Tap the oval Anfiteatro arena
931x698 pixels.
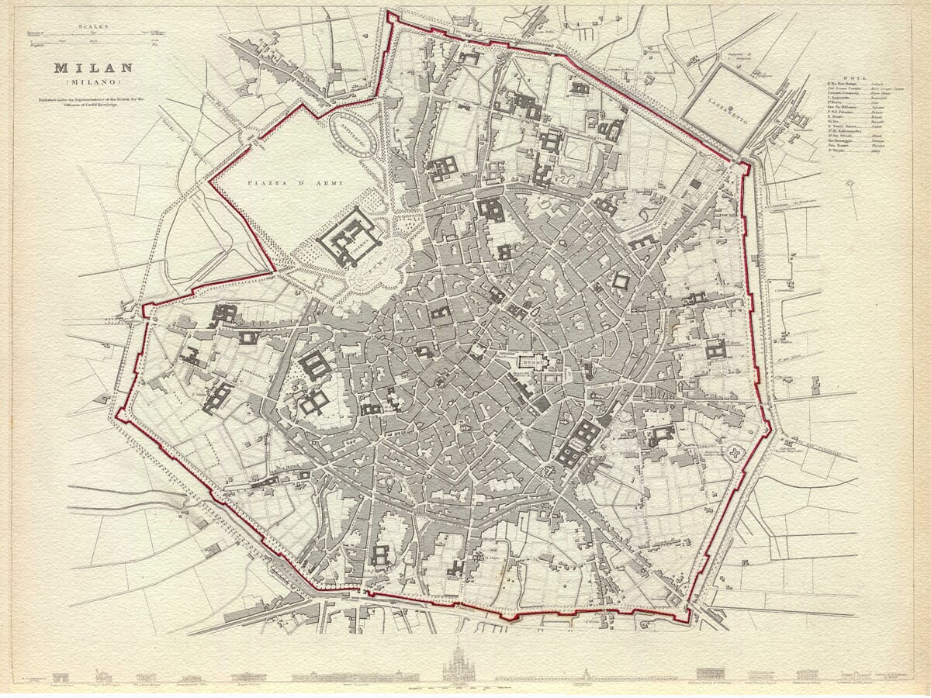(x=355, y=135)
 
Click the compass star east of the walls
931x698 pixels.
(x=852, y=187)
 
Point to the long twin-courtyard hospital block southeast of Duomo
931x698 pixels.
(x=579, y=444)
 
